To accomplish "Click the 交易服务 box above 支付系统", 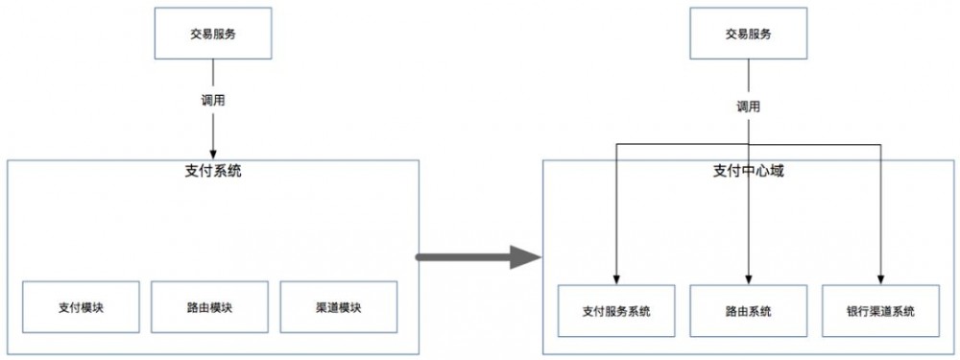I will (212, 35).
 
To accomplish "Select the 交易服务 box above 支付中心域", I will (748, 35).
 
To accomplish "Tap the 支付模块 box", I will (81, 307).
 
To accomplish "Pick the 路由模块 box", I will (210, 307).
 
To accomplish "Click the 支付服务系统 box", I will (616, 311).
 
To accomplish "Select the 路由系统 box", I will (748, 311).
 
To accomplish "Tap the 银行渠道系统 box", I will (880, 311).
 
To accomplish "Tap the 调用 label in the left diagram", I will (212, 100).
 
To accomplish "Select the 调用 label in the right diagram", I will (748, 107).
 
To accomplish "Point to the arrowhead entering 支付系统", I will (212, 154).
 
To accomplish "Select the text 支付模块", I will (81, 307).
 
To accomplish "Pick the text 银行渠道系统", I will (880, 311).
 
